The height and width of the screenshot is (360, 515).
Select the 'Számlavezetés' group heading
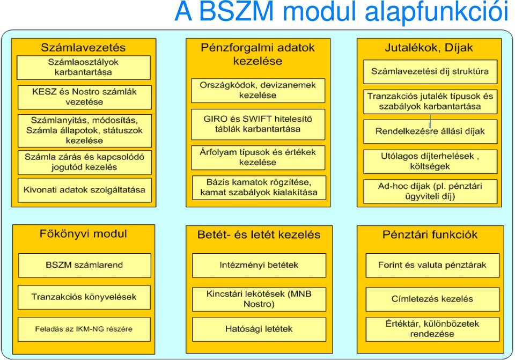[83, 47]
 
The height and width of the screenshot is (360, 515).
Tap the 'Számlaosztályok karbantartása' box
[84, 68]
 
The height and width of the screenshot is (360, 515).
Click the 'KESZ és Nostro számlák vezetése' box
[84, 97]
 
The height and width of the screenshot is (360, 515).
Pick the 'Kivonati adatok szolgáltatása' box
[84, 190]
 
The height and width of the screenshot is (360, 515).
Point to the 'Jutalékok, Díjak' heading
[429, 48]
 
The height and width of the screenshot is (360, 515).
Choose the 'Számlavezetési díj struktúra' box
[430, 71]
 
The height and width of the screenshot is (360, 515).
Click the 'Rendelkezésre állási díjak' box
[430, 131]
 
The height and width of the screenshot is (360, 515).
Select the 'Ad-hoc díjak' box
[430, 192]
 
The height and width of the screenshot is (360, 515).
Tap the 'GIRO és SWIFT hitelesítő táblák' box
[258, 124]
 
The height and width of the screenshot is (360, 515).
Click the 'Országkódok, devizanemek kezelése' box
[258, 90]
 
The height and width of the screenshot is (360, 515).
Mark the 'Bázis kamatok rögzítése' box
[259, 188]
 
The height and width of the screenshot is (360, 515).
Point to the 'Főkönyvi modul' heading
[83, 234]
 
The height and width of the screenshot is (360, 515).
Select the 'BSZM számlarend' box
[84, 265]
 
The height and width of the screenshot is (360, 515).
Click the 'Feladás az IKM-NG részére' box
[84, 329]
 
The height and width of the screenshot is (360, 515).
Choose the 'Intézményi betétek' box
[259, 265]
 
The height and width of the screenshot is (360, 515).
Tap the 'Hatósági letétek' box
[259, 329]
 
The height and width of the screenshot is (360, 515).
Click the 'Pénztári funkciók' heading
[430, 235]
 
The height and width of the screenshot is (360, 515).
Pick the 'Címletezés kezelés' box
[432, 299]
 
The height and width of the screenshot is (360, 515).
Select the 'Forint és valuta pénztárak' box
[432, 265]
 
